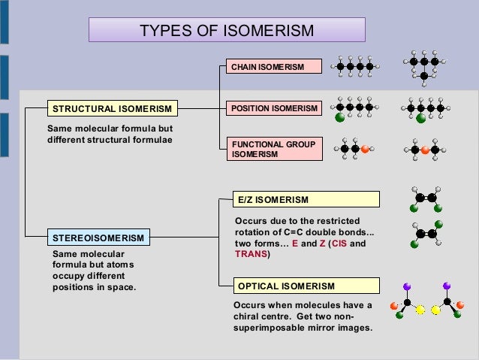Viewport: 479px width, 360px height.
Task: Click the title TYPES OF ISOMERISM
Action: point(227,30)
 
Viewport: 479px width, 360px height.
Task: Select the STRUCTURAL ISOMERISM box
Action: point(111,109)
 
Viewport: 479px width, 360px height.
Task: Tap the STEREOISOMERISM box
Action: point(98,238)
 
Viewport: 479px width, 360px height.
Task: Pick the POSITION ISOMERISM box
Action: point(274,109)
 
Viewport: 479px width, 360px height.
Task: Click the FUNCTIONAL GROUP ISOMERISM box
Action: point(274,149)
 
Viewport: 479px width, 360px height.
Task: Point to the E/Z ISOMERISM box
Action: point(307,199)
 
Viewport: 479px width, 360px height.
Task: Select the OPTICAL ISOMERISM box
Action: point(307,286)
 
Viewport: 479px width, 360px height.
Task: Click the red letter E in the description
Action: point(295,244)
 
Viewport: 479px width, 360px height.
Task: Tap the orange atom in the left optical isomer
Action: point(393,306)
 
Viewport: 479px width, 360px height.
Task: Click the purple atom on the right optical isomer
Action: point(447,286)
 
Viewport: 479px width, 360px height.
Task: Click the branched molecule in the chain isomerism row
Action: point(424,67)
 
